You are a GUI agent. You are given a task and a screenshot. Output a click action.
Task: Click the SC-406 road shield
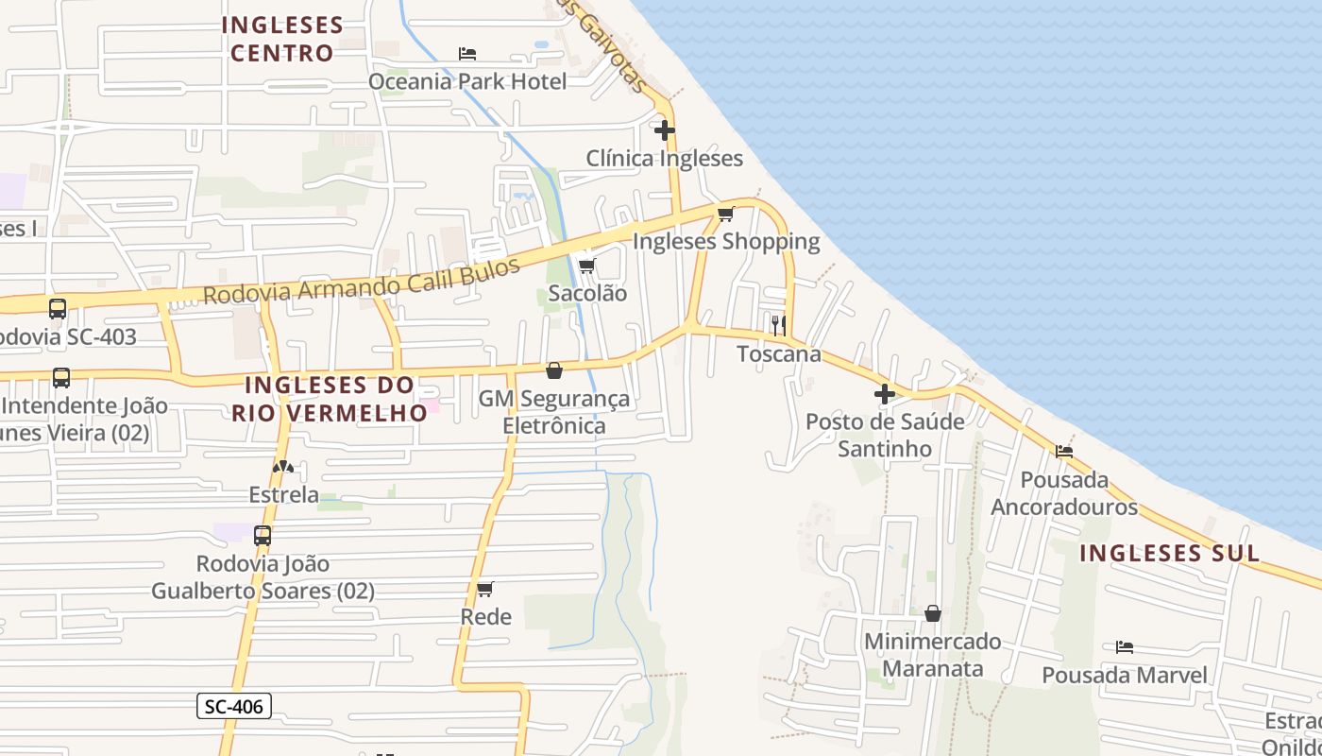[x=234, y=705]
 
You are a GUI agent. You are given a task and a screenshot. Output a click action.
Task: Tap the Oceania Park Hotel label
[x=467, y=81]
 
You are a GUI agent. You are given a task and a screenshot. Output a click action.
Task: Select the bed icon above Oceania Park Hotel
[x=466, y=53]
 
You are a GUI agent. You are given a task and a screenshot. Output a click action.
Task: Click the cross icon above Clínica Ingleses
[x=665, y=130]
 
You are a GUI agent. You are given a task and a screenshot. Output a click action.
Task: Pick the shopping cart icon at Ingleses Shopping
[x=725, y=214]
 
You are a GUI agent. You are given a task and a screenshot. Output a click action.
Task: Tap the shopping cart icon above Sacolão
[x=586, y=266]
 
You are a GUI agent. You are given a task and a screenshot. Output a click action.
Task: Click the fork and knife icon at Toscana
[x=779, y=326]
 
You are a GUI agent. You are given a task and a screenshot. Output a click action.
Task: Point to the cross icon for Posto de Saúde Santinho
[x=885, y=394]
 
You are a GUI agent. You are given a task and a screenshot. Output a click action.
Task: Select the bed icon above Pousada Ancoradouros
[x=1064, y=451]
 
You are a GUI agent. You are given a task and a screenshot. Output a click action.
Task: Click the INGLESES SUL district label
[x=1169, y=553]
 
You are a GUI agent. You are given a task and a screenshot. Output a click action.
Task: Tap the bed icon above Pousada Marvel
[x=1124, y=647]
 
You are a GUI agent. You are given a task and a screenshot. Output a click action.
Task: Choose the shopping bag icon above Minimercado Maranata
[x=933, y=613]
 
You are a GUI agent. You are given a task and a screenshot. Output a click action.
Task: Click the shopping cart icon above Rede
[x=485, y=590]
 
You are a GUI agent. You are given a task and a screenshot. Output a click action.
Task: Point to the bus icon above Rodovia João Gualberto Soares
[x=263, y=535]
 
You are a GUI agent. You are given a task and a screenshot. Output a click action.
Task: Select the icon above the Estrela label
[x=282, y=467]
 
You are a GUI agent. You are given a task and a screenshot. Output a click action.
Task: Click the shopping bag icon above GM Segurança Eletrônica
[x=554, y=370]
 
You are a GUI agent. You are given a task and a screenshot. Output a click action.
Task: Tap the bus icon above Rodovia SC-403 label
[x=58, y=308]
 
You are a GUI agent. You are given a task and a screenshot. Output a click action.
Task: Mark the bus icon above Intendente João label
[x=61, y=378]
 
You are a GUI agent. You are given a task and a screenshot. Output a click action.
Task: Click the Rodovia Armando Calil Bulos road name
[x=362, y=281]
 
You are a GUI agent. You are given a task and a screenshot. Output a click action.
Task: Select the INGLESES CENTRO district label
[x=281, y=38]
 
